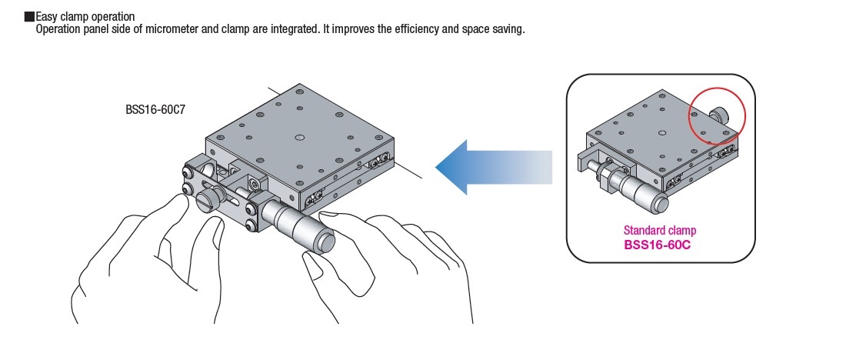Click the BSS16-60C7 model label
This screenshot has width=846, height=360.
click(156, 109)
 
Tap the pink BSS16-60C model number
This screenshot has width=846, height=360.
click(658, 245)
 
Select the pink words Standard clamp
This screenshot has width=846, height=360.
click(660, 231)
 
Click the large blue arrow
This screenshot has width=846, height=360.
click(494, 168)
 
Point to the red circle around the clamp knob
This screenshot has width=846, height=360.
click(717, 117)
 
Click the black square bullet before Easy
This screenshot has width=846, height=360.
click(30, 17)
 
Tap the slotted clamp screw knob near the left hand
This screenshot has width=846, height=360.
click(208, 199)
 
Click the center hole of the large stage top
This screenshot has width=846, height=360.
click(300, 137)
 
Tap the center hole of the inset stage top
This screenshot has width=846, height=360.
click(662, 132)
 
